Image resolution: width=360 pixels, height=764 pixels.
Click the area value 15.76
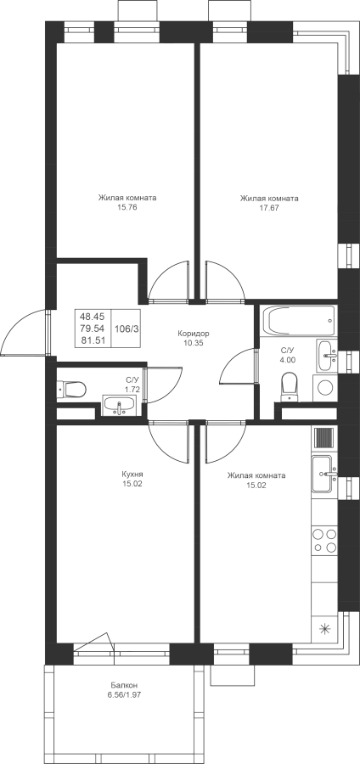pyautogui.click(x=127, y=208)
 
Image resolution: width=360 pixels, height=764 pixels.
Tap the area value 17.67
pyautogui.click(x=269, y=208)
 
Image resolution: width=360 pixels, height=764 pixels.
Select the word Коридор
pyautogui.click(x=194, y=334)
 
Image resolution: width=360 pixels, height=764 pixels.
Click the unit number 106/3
pyautogui.click(x=127, y=329)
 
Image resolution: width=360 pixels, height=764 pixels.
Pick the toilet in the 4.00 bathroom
pyautogui.click(x=290, y=387)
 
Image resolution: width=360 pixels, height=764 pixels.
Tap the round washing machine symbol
pyautogui.click(x=326, y=388)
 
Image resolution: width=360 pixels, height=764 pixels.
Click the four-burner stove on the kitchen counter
pyautogui.click(x=324, y=541)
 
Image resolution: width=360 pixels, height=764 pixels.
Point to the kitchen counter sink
pyautogui.click(x=324, y=474)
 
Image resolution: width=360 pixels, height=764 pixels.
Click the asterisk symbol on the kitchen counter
pyautogui.click(x=324, y=629)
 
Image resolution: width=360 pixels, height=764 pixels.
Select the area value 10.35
pyautogui.click(x=194, y=343)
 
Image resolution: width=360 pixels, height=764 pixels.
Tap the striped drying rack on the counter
pyautogui.click(x=323, y=437)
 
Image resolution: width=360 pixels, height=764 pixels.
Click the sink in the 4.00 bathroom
pyautogui.click(x=326, y=350)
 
